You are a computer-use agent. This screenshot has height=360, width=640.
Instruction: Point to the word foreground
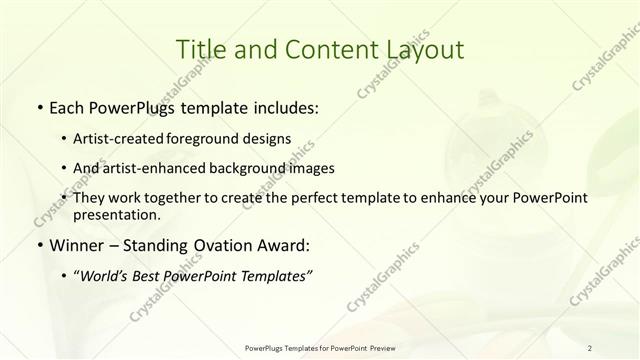click(221, 139)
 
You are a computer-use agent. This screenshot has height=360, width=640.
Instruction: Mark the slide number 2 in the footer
click(590, 348)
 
